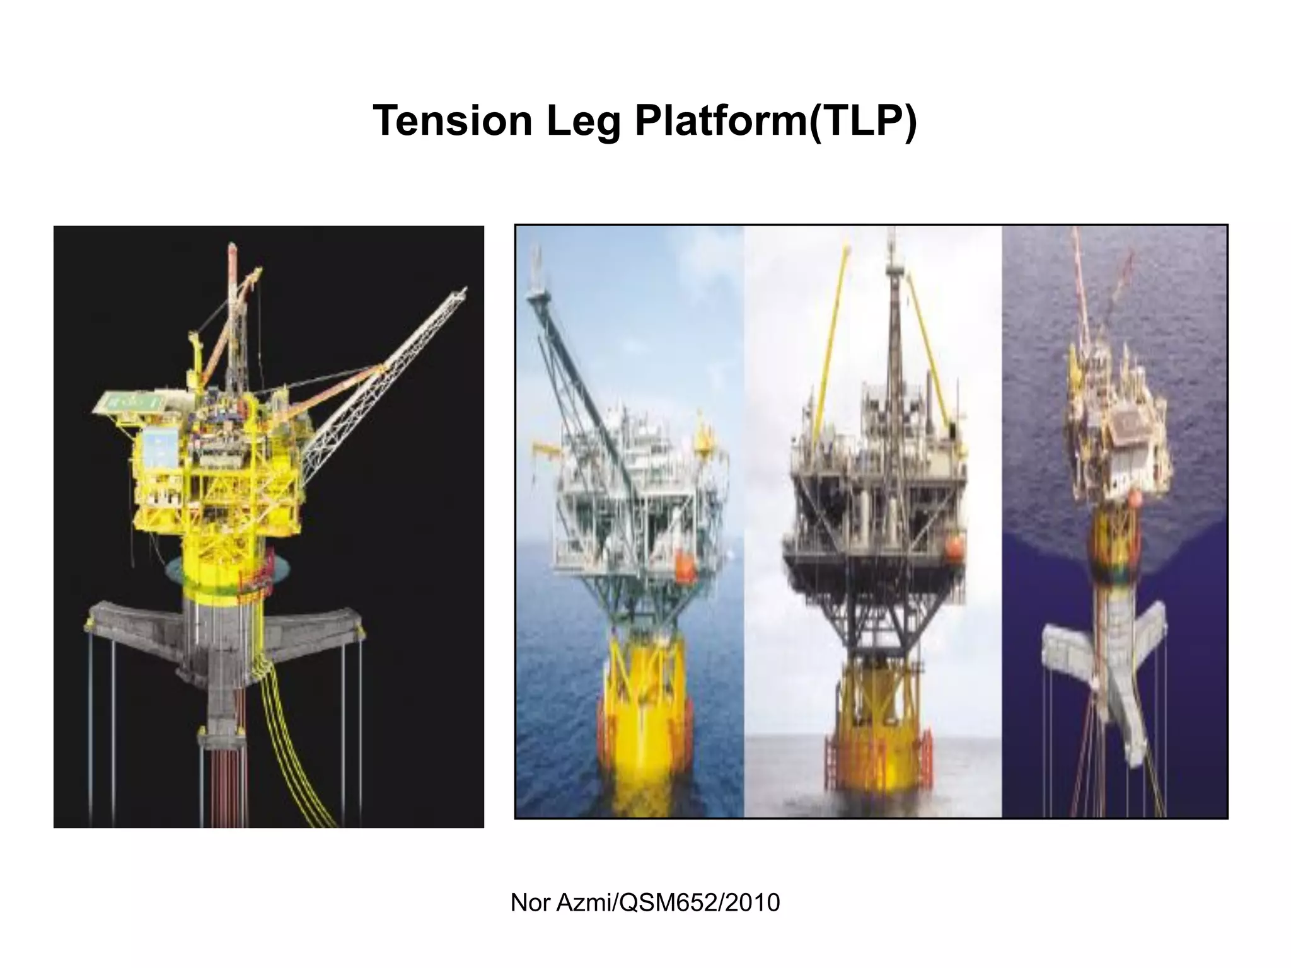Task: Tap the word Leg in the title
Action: coord(583,122)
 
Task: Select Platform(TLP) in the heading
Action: coord(775,122)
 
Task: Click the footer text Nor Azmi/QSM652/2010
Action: coord(645,903)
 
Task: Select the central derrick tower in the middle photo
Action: coord(893,328)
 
